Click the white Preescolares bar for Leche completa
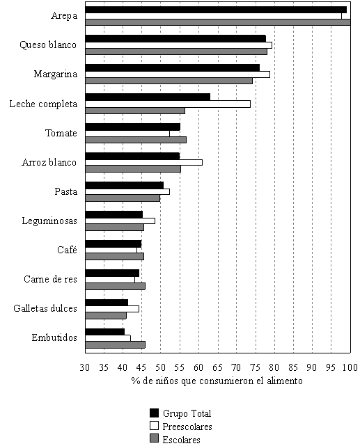click(168, 104)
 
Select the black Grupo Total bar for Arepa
click(216, 10)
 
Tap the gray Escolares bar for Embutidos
click(116, 344)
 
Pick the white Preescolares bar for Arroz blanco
click(144, 162)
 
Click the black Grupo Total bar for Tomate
click(133, 127)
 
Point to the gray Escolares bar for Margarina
click(169, 81)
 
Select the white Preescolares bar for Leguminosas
click(120, 221)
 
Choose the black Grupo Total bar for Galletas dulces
click(107, 303)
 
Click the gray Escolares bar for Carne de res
click(116, 286)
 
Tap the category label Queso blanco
click(48, 45)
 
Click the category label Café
click(67, 250)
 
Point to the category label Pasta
click(65, 191)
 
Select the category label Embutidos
click(54, 337)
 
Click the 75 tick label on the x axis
click(255, 367)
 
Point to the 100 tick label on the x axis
click(350, 367)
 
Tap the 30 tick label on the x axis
click(85, 367)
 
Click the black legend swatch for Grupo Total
click(155, 413)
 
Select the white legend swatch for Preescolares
click(155, 426)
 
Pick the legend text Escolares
click(181, 440)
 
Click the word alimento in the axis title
click(285, 381)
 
